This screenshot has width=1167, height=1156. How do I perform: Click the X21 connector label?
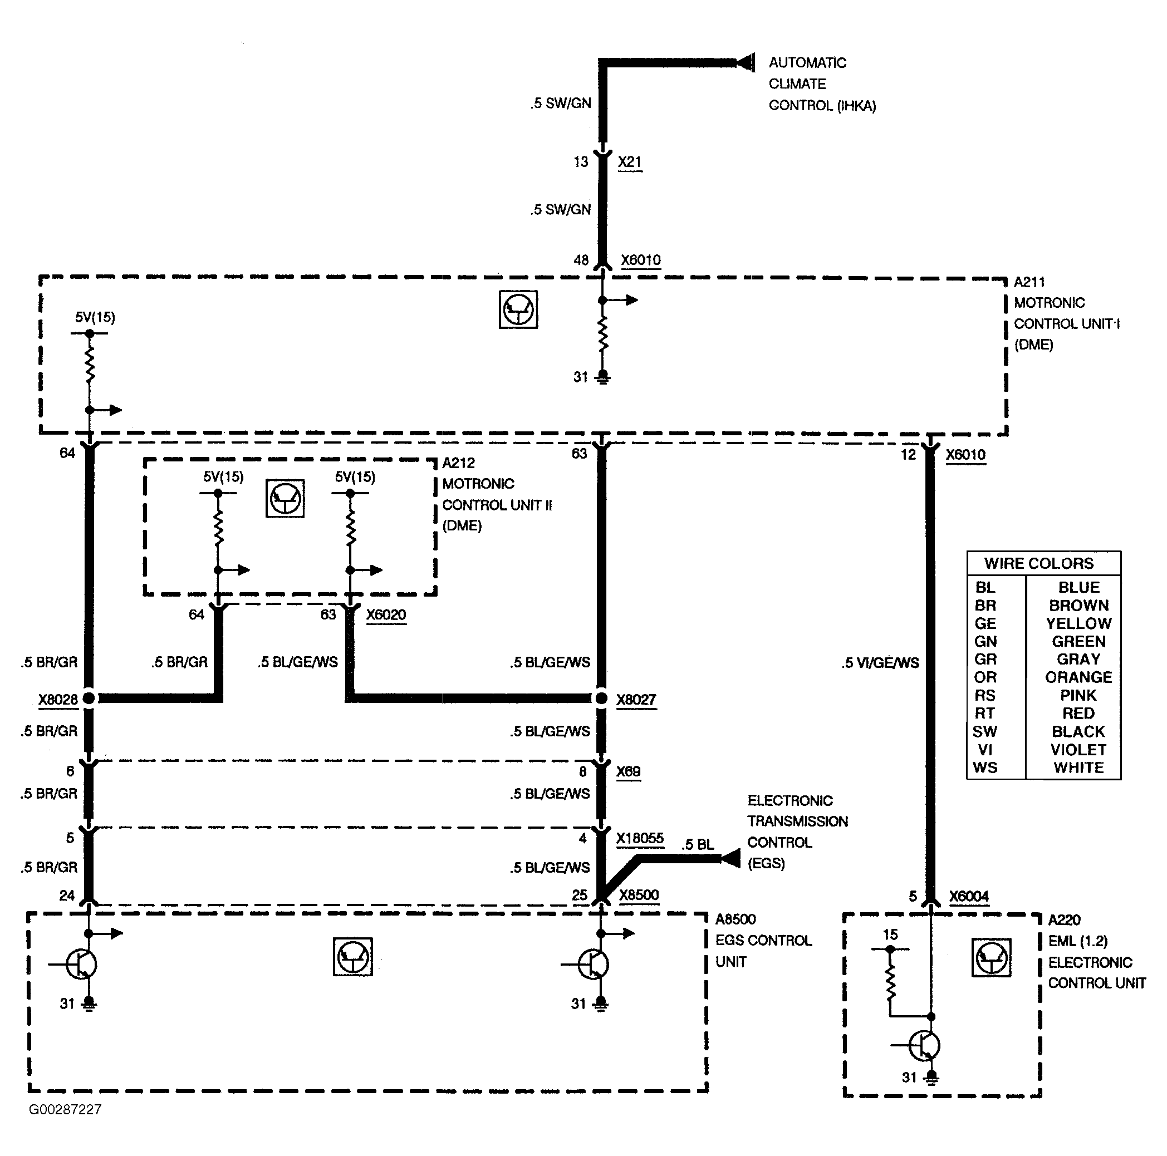click(629, 162)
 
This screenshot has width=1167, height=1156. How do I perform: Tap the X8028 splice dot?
click(89, 698)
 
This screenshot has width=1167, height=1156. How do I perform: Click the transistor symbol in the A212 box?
click(285, 499)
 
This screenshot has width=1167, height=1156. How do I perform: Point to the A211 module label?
click(1029, 282)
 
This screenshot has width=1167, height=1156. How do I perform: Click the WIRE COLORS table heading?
click(1039, 563)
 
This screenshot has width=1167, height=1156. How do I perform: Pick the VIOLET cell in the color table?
click(1078, 750)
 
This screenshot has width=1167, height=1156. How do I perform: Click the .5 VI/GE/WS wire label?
click(880, 663)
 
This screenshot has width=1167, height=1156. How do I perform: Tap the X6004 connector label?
click(968, 896)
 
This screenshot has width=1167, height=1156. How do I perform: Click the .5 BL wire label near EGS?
click(698, 845)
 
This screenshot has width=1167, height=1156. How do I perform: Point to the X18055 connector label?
click(640, 838)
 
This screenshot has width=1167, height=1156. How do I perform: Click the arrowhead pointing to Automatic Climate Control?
click(747, 62)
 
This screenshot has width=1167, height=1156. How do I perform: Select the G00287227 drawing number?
click(65, 1109)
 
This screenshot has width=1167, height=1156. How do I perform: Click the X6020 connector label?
click(386, 615)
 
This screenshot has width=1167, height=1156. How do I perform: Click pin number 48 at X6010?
click(581, 260)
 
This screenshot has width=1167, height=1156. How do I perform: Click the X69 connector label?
click(628, 772)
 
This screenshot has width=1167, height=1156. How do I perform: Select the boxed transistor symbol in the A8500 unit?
click(353, 957)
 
